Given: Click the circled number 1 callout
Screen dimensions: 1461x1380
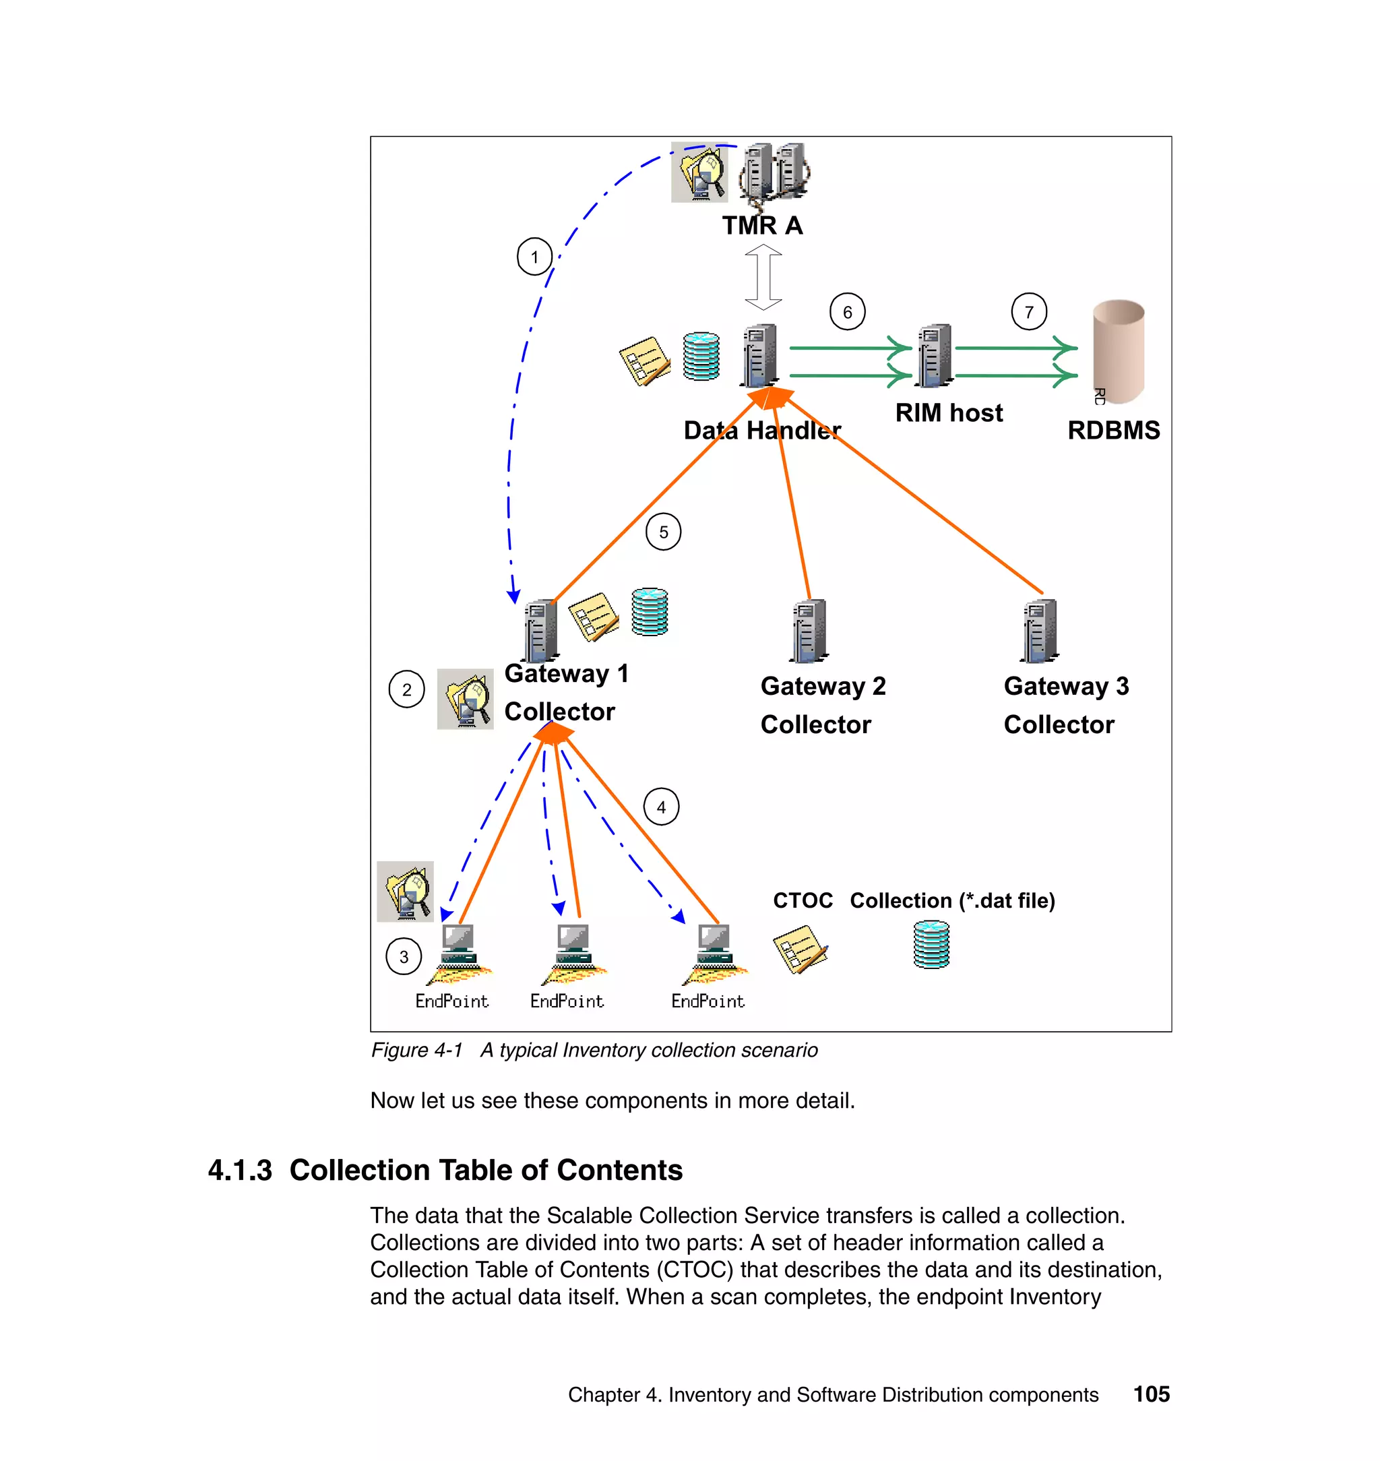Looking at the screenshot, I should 534,257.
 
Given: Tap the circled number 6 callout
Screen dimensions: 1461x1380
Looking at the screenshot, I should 848,312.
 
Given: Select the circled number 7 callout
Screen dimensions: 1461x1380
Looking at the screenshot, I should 1028,312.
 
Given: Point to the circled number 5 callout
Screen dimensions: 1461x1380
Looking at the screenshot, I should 663,531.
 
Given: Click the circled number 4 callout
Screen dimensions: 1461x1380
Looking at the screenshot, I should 660,807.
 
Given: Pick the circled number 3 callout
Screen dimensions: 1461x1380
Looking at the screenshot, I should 403,956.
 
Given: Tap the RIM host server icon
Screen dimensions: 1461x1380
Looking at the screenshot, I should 933,355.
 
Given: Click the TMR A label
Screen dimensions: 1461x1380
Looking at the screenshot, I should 761,225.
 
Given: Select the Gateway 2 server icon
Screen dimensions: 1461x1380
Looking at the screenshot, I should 809,631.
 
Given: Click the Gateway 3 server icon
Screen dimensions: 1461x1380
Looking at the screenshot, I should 1040,631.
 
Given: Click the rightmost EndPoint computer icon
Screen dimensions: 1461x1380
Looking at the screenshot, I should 714,954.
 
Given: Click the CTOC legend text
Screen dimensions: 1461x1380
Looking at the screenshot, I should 802,900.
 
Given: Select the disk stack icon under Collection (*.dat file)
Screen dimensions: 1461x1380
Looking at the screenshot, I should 931,945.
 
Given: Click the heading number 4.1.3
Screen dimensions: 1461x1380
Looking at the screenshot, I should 240,1170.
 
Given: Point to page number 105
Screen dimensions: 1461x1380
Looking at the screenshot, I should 1150,1394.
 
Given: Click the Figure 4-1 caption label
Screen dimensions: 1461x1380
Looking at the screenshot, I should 416,1050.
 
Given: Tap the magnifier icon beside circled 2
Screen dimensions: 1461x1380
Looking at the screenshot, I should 465,699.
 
